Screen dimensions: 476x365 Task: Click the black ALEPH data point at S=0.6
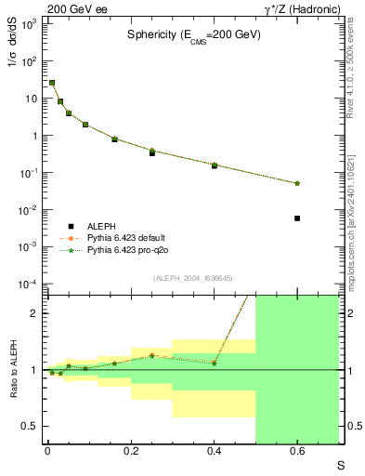[297, 218]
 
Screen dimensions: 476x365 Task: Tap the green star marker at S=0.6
[297, 183]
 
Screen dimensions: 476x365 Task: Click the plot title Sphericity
[194, 34]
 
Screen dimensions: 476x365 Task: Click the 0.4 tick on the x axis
[214, 452]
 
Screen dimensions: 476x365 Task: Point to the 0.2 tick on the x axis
[130, 452]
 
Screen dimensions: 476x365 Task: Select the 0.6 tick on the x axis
[297, 452]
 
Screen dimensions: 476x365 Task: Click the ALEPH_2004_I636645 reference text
[192, 277]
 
